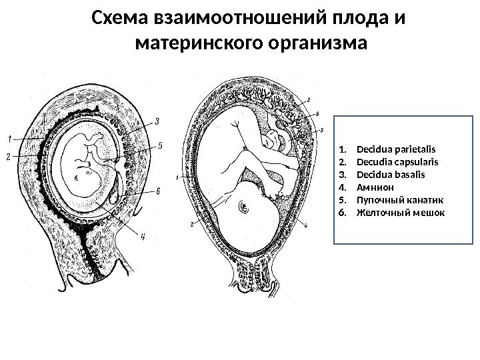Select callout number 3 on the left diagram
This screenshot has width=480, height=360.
[157, 121]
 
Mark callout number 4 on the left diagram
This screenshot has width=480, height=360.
[141, 234]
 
